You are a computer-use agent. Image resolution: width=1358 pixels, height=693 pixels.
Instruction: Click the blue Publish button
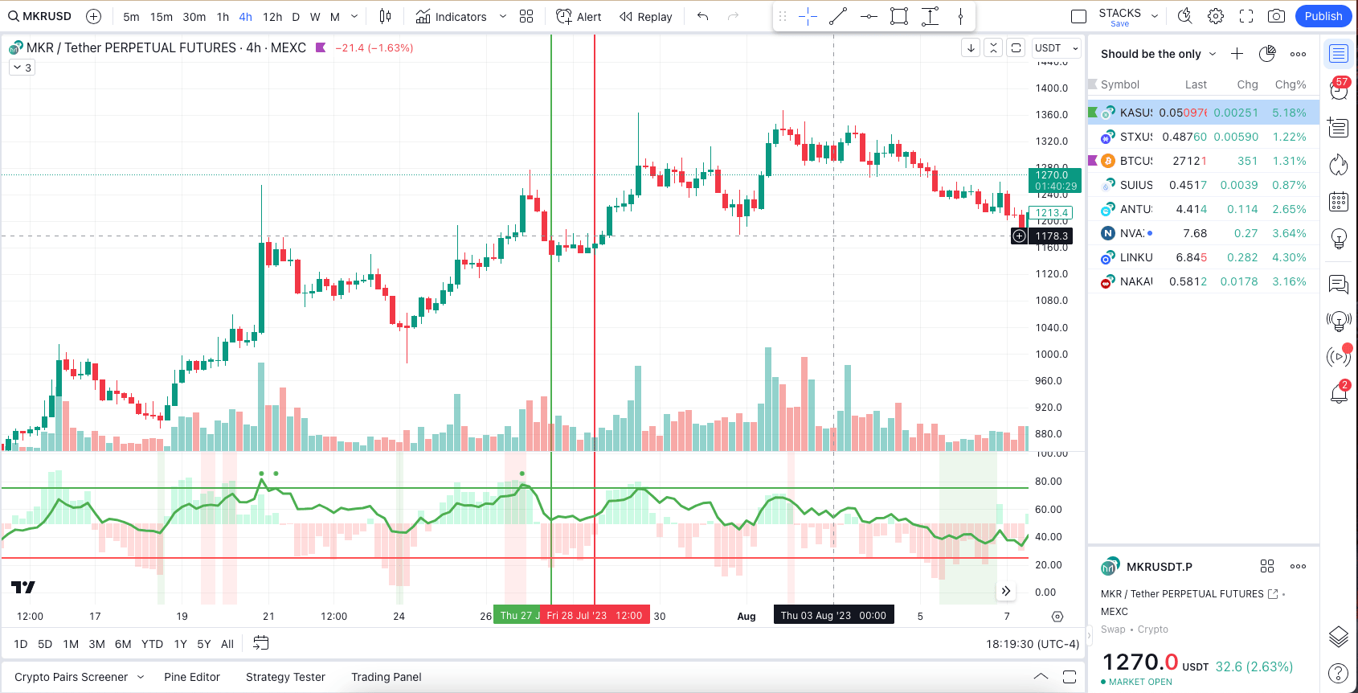1323,16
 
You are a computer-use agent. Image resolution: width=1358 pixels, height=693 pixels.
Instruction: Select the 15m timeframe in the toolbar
161,17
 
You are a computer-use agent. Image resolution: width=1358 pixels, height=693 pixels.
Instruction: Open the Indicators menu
452,17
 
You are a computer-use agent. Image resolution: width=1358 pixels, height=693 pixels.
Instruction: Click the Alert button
579,17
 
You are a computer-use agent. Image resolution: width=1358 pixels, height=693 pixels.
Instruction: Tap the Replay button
646,17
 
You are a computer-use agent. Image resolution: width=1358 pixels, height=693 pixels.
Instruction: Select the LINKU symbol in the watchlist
1136,257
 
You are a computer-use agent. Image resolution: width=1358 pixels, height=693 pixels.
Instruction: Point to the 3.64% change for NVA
1289,233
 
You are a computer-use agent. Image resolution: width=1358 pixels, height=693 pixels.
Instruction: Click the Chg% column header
1290,84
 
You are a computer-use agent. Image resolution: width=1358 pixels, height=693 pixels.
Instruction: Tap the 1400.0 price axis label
1051,88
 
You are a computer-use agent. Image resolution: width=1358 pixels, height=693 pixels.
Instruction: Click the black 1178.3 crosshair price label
1051,236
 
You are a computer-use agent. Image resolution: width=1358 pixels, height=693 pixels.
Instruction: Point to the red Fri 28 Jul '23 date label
595,616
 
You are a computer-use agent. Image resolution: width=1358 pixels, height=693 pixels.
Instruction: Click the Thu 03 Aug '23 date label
833,616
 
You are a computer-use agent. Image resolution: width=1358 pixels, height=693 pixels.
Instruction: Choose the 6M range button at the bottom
123,644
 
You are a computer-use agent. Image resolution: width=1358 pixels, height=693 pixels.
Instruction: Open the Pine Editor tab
192,677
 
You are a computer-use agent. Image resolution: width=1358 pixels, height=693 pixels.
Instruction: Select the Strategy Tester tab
285,677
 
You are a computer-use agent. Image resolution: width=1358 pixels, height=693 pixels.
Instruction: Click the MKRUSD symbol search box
40,16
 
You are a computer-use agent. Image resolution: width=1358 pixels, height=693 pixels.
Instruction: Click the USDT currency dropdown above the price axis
1055,48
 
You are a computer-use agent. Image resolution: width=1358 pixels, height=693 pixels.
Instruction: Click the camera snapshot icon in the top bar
1276,16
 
